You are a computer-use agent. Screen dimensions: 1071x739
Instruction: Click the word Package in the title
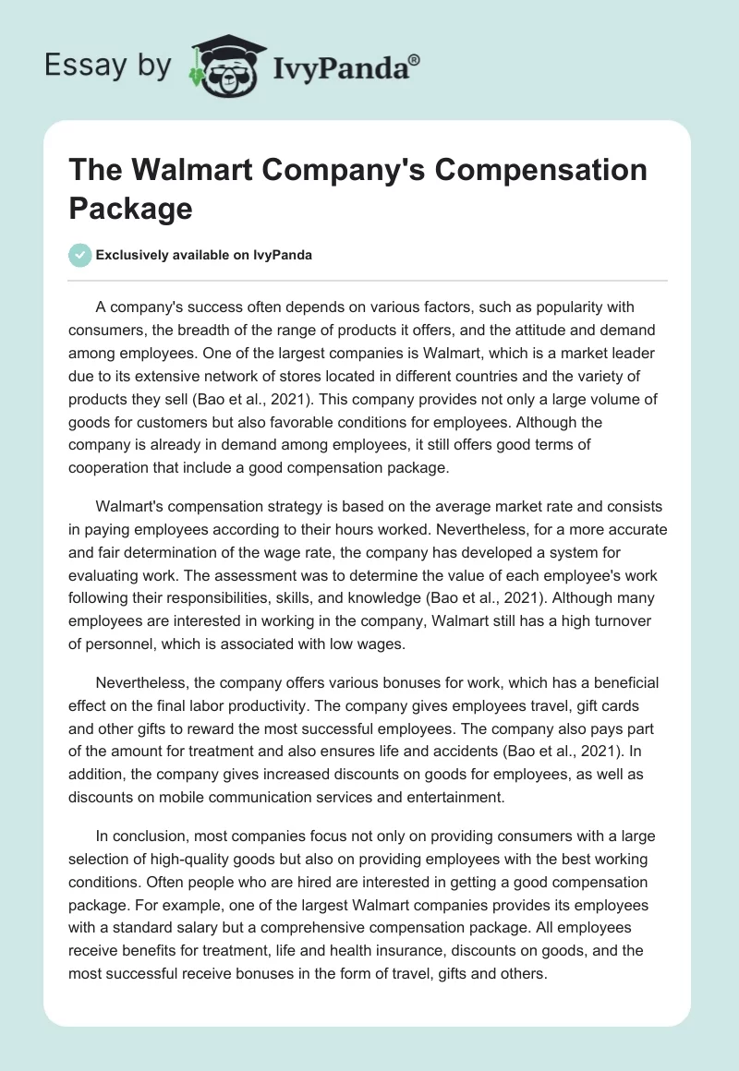point(130,208)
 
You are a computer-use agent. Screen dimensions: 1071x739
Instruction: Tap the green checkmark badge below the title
point(80,255)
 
